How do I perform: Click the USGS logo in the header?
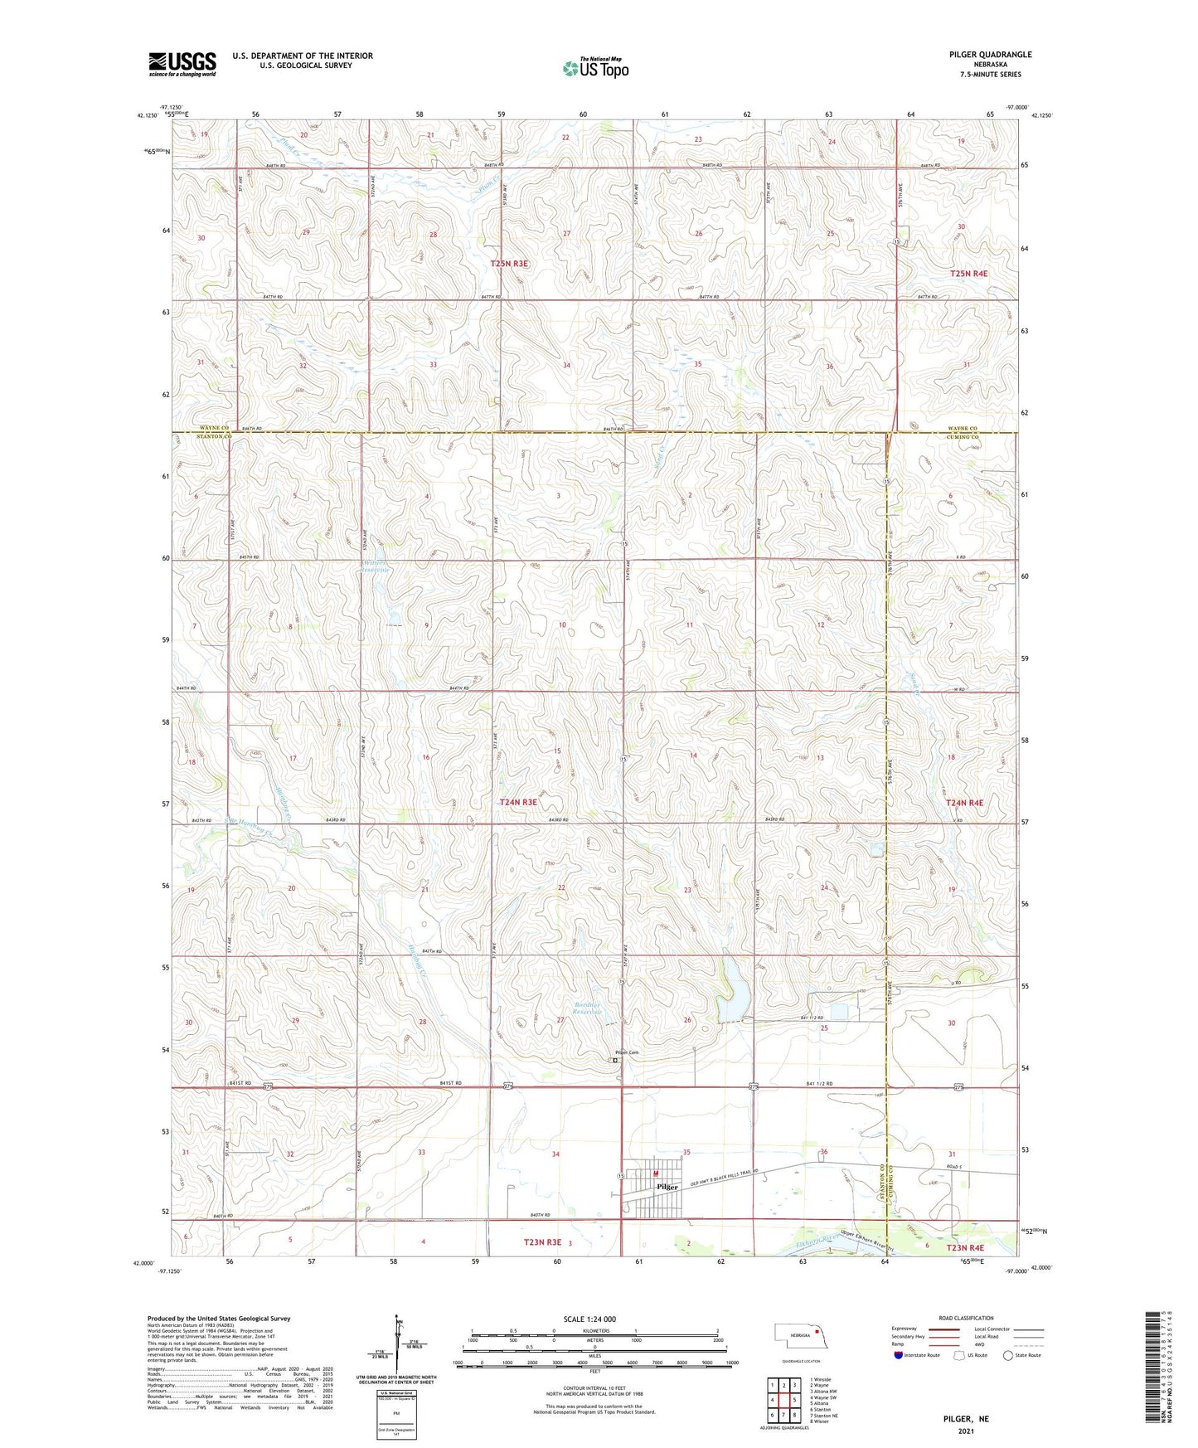click(x=182, y=64)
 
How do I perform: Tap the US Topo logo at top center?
click(x=595, y=68)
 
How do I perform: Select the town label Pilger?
click(x=667, y=1187)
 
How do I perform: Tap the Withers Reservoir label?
click(x=376, y=566)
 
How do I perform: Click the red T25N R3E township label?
click(x=508, y=263)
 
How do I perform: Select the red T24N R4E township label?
click(x=964, y=803)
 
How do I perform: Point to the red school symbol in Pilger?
click(x=655, y=1173)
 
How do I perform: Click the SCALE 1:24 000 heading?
click(x=589, y=1319)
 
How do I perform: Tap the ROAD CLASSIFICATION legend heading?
click(x=966, y=1318)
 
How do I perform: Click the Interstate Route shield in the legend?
click(x=899, y=1355)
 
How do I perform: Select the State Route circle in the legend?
click(x=1007, y=1355)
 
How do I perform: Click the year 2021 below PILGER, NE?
click(x=966, y=1431)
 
